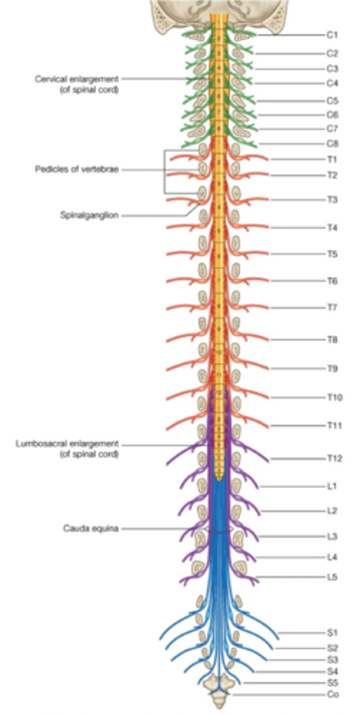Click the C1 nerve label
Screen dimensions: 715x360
tap(331, 35)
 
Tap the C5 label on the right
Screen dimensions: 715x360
tap(332, 100)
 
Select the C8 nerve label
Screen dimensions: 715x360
tap(332, 144)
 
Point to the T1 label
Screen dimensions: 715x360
tap(331, 160)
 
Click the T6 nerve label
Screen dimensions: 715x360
tap(332, 281)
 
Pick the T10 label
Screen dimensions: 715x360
tap(334, 397)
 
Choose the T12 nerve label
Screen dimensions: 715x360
tap(334, 458)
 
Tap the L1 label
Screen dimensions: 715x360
tap(331, 486)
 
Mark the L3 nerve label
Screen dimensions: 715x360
tap(332, 536)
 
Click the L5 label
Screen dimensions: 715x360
tap(332, 577)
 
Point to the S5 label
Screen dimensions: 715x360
tap(333, 683)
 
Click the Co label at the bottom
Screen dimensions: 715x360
tap(333, 695)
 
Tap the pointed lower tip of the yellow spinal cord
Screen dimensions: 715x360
tap(220, 480)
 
